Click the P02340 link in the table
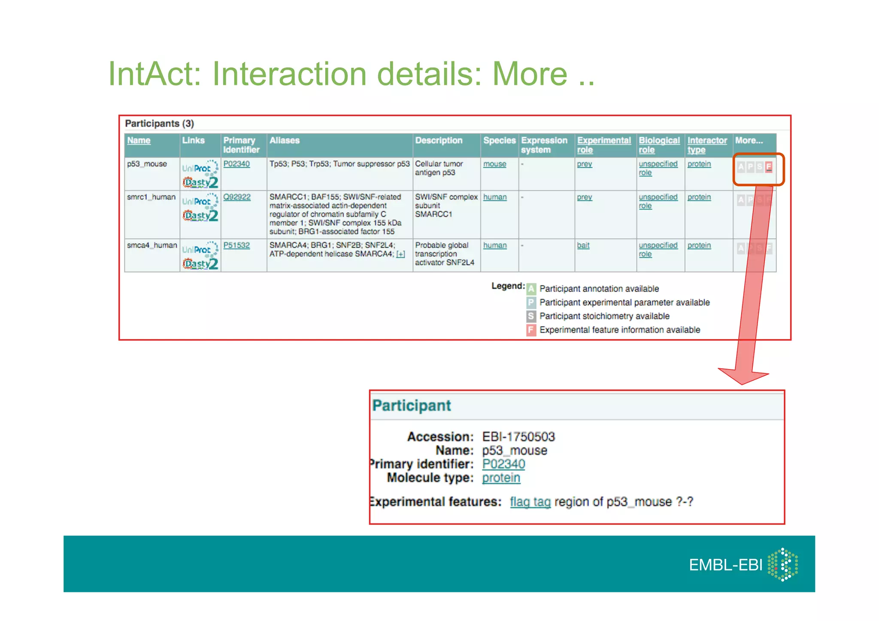pyautogui.click(x=236, y=164)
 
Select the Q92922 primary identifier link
pyautogui.click(x=237, y=197)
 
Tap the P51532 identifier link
pyautogui.click(x=236, y=245)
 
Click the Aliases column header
pyautogui.click(x=285, y=140)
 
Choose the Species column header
pyautogui.click(x=499, y=140)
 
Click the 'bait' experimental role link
pyautogui.click(x=583, y=245)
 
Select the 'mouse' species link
pyautogui.click(x=494, y=164)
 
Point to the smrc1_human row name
pyautogui.click(x=151, y=197)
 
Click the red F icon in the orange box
pyautogui.click(x=769, y=167)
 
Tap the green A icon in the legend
pyautogui.click(x=531, y=289)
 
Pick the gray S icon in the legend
pyautogui.click(x=531, y=316)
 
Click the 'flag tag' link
pyautogui.click(x=530, y=502)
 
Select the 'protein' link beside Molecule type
pyautogui.click(x=501, y=478)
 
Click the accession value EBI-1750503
pyautogui.click(x=518, y=437)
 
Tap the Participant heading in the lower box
pyautogui.click(x=411, y=406)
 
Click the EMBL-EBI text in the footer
pyautogui.click(x=725, y=565)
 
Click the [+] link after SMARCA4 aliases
pyautogui.click(x=400, y=254)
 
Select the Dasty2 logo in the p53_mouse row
pyautogui.click(x=200, y=182)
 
